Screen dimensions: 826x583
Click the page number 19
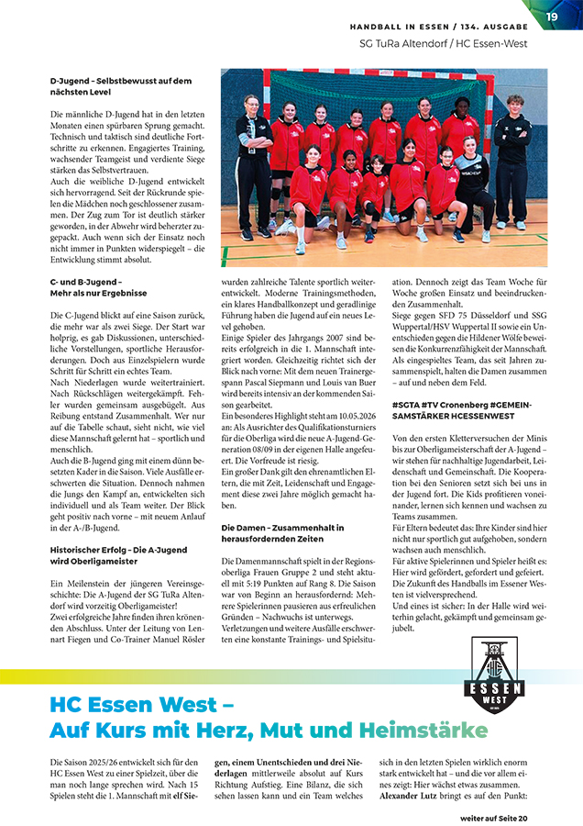coord(552,17)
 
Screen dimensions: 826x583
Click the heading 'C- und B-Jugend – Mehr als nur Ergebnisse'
coord(98,287)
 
